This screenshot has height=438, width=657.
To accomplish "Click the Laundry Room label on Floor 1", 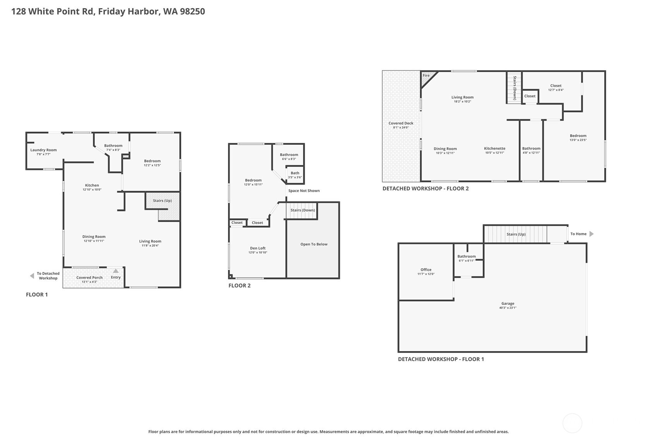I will [43, 150].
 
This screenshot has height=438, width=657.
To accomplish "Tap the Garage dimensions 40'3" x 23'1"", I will [508, 308].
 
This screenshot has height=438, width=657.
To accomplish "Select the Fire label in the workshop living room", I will [426, 76].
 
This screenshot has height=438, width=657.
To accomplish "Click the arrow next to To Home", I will [591, 234].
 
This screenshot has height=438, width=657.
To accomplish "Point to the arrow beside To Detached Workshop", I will [32, 276].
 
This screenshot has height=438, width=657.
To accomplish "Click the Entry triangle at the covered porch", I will [116, 271].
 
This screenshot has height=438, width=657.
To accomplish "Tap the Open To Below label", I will [314, 244].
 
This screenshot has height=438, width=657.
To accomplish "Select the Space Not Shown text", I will [304, 191].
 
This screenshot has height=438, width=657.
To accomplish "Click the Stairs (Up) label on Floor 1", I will [162, 201].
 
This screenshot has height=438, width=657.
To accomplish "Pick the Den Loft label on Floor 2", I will [257, 248].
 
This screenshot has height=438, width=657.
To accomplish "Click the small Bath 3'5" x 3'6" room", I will [295, 175].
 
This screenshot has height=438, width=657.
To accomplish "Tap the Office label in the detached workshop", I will [426, 270].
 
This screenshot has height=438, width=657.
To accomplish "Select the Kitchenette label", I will [494, 148].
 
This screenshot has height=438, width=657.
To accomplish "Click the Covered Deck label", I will [401, 123].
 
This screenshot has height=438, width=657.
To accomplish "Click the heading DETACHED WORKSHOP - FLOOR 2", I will [425, 189].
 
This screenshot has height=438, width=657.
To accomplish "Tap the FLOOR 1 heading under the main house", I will [37, 295].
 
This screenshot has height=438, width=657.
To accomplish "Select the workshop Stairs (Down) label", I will [515, 88].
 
